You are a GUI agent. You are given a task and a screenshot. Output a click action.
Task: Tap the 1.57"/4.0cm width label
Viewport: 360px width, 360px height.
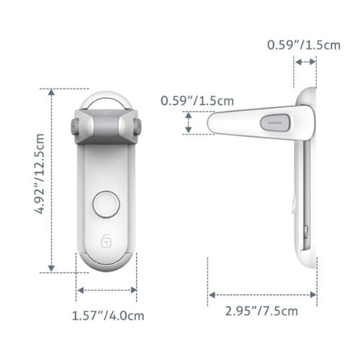107,314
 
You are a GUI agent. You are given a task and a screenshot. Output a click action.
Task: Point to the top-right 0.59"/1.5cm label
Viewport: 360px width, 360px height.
305,45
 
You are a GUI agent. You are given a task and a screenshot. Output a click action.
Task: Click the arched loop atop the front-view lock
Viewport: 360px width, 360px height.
106,98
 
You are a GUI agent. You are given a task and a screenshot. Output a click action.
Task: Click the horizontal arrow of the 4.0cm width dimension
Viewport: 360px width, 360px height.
107,290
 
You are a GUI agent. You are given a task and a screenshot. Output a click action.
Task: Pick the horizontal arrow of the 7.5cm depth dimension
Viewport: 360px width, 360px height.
263,294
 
